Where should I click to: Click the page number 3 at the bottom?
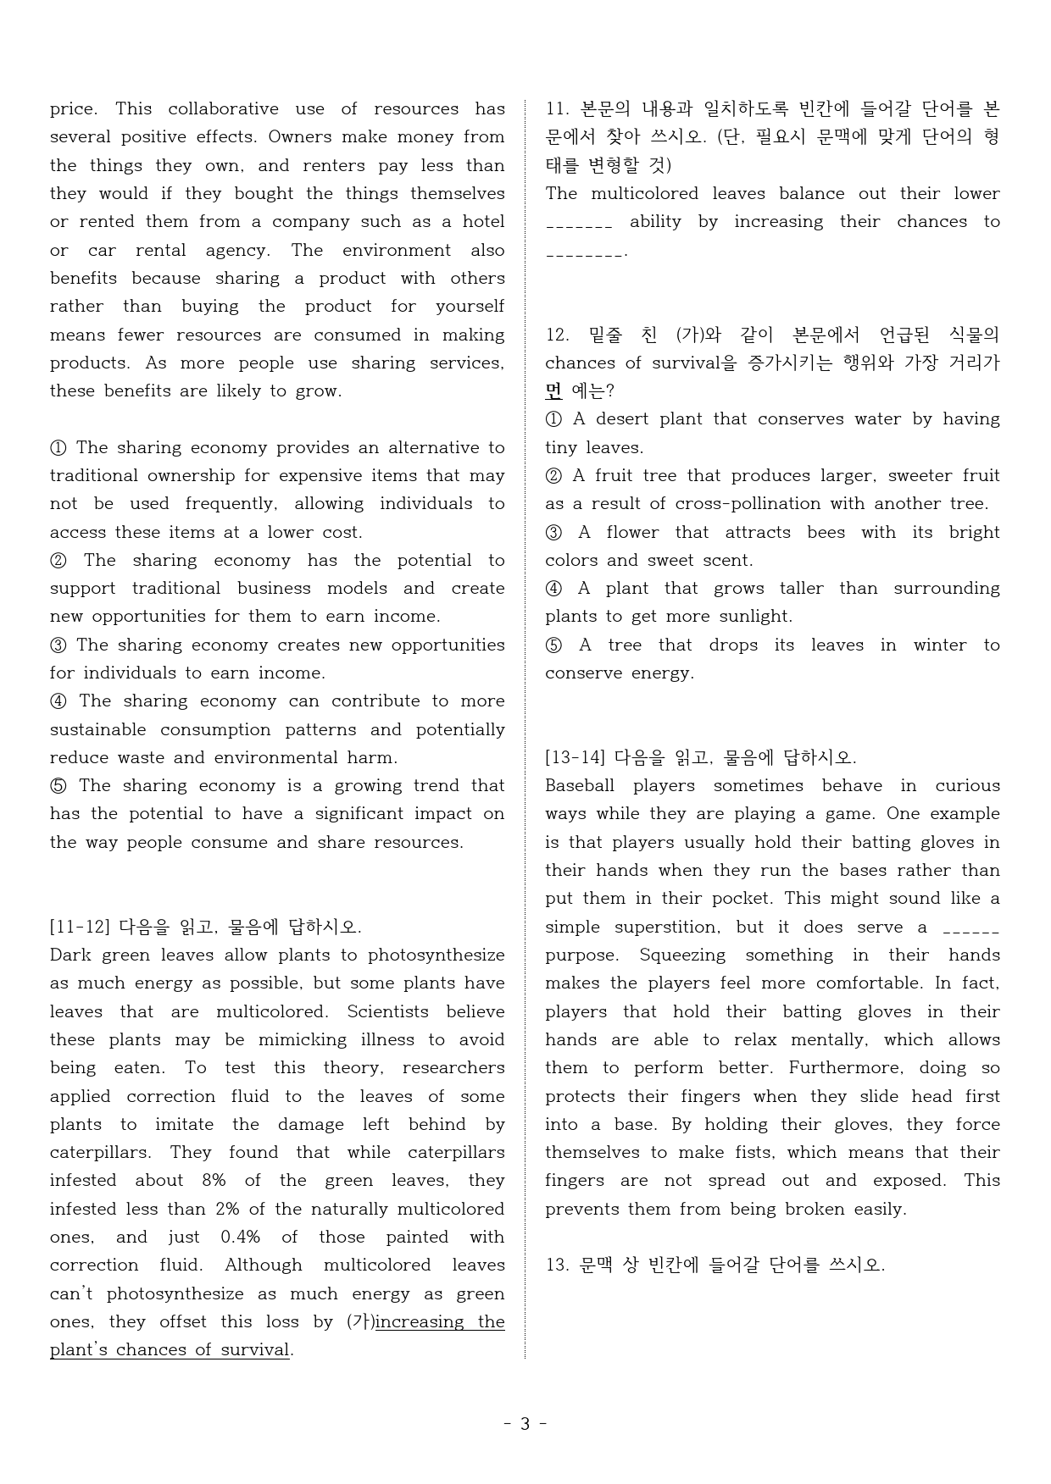(525, 1424)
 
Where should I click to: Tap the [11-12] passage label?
(81, 927)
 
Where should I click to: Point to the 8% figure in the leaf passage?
(214, 1181)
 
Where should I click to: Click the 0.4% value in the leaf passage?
(240, 1238)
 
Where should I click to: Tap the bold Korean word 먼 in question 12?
(553, 391)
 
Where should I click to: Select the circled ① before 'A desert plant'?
(553, 419)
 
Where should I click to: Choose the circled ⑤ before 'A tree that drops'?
(553, 645)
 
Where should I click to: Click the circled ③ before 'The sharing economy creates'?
(58, 645)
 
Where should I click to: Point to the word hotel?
(483, 222)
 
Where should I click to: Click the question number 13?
(556, 1265)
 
